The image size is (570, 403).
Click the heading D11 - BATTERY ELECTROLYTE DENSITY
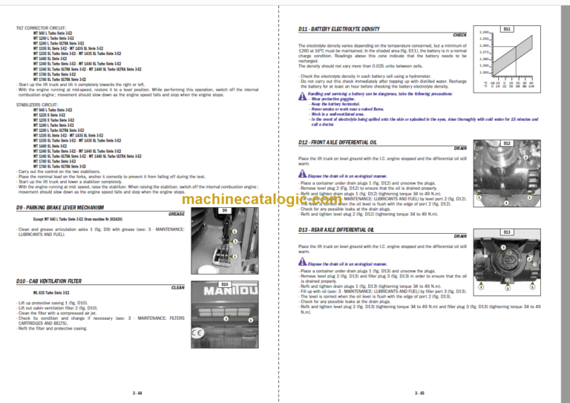pos(338,28)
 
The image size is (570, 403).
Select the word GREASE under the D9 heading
pos(177,214)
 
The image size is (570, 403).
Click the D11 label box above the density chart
pos(506,28)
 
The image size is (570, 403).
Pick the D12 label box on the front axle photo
pos(506,142)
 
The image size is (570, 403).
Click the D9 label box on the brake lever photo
pos(225,210)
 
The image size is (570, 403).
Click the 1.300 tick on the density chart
pos(485,72)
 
